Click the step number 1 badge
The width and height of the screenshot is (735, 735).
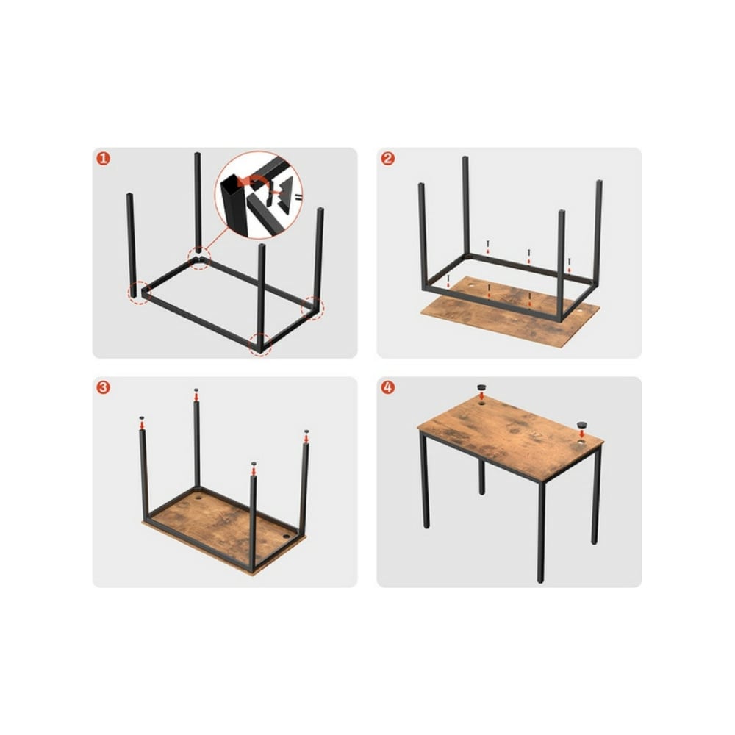coord(103,159)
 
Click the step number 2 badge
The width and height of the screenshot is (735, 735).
coord(387,159)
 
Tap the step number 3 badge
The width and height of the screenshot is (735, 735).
coord(103,387)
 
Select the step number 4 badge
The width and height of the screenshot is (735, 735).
coord(387,387)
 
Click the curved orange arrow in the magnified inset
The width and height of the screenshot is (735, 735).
coord(256,181)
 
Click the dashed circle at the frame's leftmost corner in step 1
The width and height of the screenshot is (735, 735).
coord(139,293)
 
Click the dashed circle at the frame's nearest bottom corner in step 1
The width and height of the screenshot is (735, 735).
coord(259,345)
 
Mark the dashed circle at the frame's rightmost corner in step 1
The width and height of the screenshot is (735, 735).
coord(312,309)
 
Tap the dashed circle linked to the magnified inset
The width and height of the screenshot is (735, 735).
coord(199,258)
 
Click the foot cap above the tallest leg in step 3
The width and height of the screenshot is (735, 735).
coord(196,390)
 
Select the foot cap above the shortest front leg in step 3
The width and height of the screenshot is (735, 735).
coord(254,464)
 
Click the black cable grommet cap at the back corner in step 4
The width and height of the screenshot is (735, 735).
coord(482,387)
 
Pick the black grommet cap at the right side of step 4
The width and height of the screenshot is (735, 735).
coord(582,425)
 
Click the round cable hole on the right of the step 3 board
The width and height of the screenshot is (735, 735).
coord(286,537)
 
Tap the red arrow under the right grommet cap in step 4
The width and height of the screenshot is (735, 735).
coord(582,434)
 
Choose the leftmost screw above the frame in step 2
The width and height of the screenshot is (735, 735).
coord(448,280)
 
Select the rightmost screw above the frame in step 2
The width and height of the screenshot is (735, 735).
coord(570,265)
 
